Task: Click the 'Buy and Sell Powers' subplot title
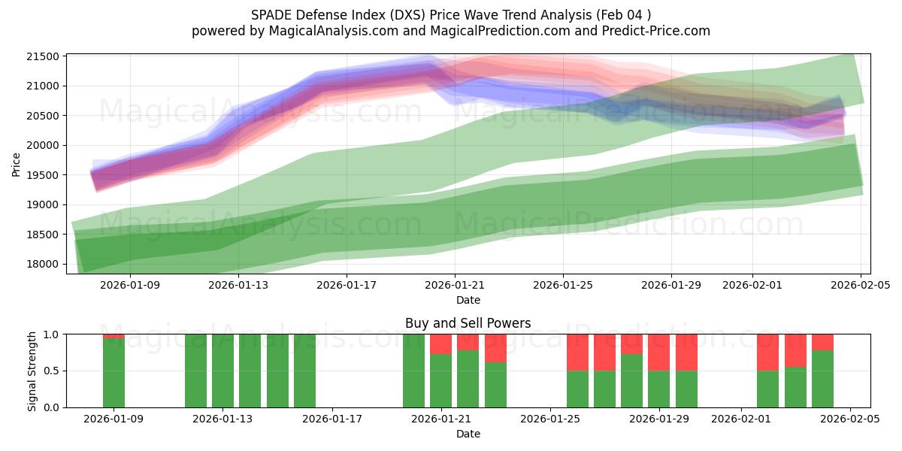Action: coord(468,323)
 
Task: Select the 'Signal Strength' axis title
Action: coord(32,371)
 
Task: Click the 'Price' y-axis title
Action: coord(17,163)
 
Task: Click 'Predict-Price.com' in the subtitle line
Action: coord(650,31)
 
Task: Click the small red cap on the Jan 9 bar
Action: coord(114,336)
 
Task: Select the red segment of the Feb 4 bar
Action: coord(822,342)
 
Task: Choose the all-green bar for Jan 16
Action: coord(304,371)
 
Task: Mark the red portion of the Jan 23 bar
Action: coord(495,348)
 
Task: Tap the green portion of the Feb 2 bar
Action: coord(767,389)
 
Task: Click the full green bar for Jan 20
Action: coord(413,371)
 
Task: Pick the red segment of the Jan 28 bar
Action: coord(631,344)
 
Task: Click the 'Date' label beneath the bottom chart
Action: coord(468,434)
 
